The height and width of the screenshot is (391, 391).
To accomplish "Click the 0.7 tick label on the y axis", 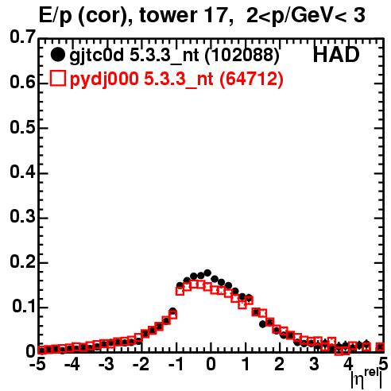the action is pyautogui.click(x=22, y=37).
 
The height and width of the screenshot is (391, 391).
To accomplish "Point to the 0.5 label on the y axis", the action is pyautogui.click(x=22, y=128).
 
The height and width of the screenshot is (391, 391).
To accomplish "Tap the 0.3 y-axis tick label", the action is pyautogui.click(x=22, y=217).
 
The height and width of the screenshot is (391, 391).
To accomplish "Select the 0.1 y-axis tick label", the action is pyautogui.click(x=23, y=307).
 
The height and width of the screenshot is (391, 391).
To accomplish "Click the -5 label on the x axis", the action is pyautogui.click(x=39, y=364).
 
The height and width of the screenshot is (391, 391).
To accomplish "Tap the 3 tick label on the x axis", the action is pyautogui.click(x=314, y=364).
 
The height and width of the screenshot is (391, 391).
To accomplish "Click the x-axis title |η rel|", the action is pyautogui.click(x=366, y=379).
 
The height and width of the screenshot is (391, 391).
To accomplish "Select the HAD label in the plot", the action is pyautogui.click(x=336, y=55).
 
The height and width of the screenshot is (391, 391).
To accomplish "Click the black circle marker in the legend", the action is pyautogui.click(x=57, y=55).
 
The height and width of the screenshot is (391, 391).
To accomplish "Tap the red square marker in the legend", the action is pyautogui.click(x=57, y=78).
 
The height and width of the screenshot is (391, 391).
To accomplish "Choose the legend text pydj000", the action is pyautogui.click(x=104, y=79).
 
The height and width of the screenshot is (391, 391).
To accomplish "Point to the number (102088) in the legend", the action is pyautogui.click(x=242, y=56).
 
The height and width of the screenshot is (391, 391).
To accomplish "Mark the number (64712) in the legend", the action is pyautogui.click(x=251, y=79).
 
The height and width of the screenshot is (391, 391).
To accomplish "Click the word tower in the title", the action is pyautogui.click(x=168, y=15).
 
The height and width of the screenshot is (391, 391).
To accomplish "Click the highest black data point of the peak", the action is pyautogui.click(x=207, y=273).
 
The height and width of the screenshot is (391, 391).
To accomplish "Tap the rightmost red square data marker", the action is pyautogui.click(x=380, y=346).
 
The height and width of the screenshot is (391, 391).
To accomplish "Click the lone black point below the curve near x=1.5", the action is pyautogui.click(x=262, y=324).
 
